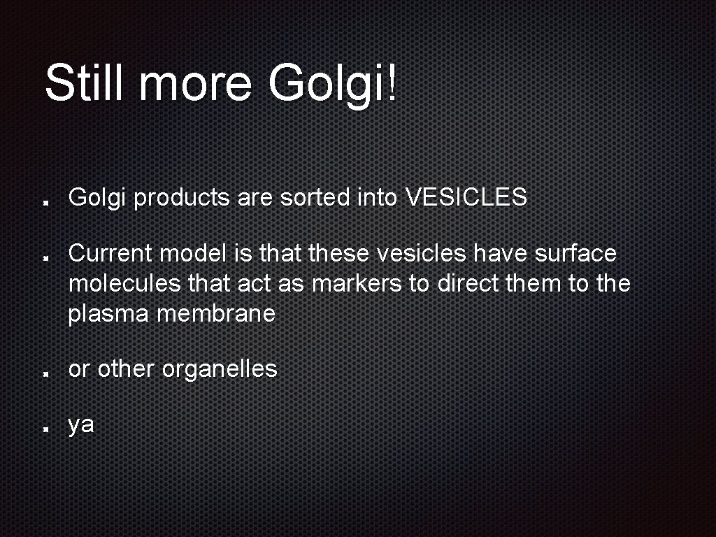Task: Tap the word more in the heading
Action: coord(195,83)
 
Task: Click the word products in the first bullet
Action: coord(182,199)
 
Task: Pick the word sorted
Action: coord(317,198)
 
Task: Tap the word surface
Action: coord(576,253)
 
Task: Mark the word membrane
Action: coord(216,315)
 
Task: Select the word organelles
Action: coord(220,369)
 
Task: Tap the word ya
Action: coord(81,425)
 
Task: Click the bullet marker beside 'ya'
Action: coord(45,429)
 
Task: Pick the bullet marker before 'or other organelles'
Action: coord(45,373)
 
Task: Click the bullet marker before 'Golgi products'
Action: coord(45,202)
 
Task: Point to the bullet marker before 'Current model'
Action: coord(45,257)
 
